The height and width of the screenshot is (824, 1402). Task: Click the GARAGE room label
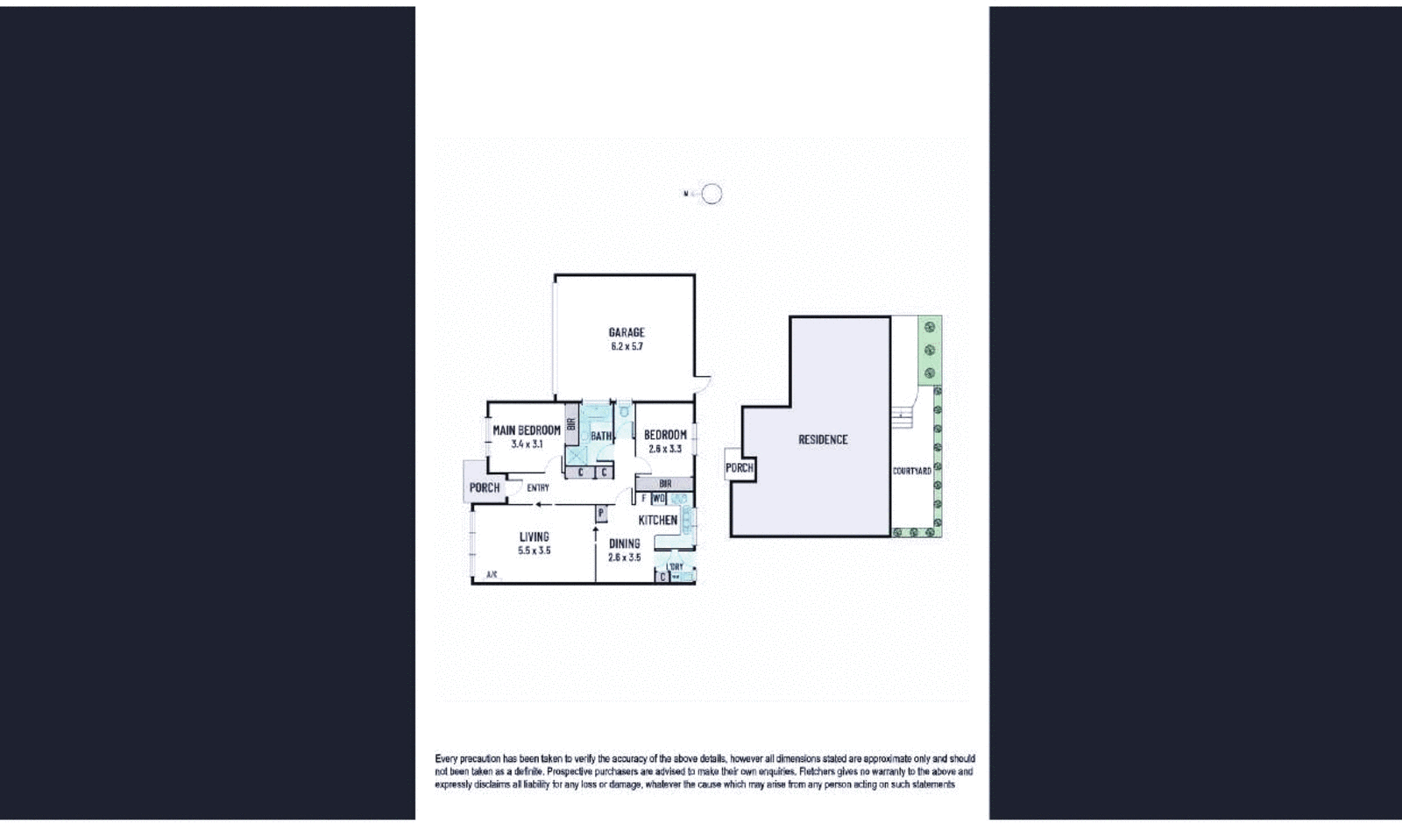627,332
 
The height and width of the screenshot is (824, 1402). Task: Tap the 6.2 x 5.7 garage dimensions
627,346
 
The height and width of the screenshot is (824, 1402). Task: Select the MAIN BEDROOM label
526,430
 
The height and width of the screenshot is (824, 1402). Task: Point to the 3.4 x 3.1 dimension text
527,444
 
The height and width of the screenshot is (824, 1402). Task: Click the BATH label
601,436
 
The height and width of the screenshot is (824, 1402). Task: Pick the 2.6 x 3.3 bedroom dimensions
665,449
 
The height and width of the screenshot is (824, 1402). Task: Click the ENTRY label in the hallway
538,488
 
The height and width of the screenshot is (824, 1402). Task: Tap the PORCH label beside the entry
485,487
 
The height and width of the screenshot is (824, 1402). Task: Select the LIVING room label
534,536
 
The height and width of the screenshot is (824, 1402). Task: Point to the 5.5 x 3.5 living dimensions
534,551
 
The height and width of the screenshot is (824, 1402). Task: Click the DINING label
624,543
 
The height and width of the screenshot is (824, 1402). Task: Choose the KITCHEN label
657,520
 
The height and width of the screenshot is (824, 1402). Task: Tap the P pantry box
601,513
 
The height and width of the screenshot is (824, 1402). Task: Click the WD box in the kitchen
659,498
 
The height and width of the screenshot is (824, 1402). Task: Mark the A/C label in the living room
492,575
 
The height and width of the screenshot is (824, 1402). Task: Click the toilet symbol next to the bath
624,411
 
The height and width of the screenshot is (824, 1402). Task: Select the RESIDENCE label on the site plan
823,439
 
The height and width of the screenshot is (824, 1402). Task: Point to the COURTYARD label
911,471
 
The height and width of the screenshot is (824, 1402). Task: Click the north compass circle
712,194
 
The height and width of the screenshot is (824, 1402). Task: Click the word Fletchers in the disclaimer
820,771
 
